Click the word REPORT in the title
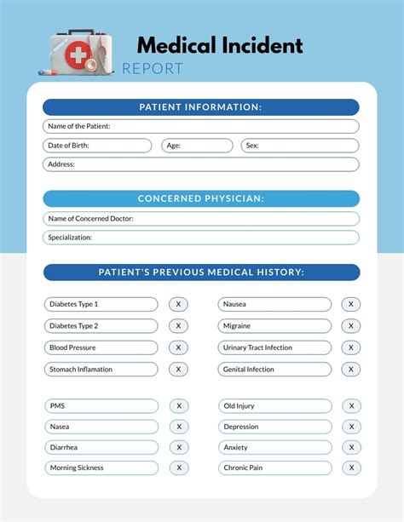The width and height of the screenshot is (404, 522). [153, 69]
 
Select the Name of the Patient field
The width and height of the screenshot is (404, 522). [201, 126]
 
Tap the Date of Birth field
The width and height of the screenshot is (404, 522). [97, 146]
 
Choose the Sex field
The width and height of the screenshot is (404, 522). [299, 146]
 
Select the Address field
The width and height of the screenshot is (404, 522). [201, 164]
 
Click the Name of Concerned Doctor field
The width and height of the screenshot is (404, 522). [201, 219]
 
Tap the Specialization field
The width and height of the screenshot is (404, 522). [201, 238]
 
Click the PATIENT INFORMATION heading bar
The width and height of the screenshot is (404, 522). [201, 107]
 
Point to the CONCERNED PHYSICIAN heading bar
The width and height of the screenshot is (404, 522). [201, 198]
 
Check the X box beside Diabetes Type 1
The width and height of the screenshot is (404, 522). [179, 304]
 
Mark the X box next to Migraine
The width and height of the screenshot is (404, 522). [350, 326]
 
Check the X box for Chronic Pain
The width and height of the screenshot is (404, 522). [350, 468]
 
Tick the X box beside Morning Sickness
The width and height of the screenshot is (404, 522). [179, 468]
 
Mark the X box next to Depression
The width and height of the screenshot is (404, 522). [350, 427]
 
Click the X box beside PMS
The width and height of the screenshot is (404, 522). [179, 406]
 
